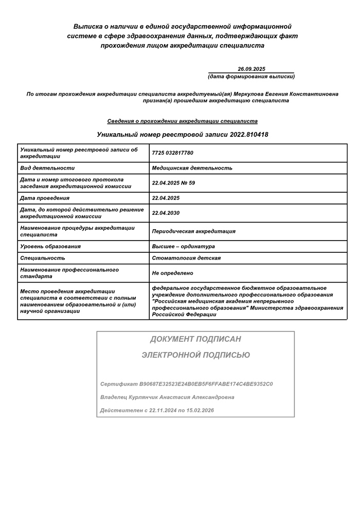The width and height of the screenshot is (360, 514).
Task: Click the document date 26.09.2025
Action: [x=251, y=69]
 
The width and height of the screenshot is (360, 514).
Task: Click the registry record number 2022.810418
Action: [x=242, y=135]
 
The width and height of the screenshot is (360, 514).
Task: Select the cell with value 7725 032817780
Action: [x=173, y=153]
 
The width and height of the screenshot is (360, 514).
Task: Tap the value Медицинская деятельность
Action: [x=192, y=168]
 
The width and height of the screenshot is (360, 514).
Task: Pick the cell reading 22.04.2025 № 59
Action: [x=174, y=183]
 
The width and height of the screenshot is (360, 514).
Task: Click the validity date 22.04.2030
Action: [x=166, y=213]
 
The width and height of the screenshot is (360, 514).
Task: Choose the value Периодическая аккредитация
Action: [x=193, y=231]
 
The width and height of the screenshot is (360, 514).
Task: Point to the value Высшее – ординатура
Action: [x=183, y=246]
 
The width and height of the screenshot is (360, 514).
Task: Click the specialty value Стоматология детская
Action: [x=186, y=258]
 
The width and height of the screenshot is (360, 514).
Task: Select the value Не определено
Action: [x=172, y=273]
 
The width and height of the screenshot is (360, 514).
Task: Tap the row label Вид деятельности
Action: [x=47, y=168]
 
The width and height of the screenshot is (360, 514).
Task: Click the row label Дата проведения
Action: [x=44, y=198]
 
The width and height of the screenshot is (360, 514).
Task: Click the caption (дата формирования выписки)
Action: [x=251, y=77]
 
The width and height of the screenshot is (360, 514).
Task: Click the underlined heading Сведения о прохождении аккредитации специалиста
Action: [x=182, y=121]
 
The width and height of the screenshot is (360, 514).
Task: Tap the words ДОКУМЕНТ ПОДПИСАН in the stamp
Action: [x=195, y=339]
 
